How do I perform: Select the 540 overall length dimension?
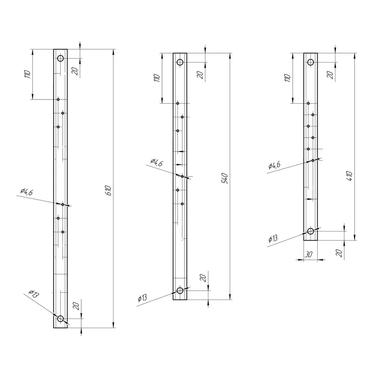coord(225,178)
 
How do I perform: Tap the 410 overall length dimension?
coord(349,176)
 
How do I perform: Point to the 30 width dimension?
coord(309,254)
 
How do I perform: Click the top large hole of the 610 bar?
coord(60,58)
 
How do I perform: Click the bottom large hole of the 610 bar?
coord(60,319)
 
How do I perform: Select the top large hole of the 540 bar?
coord(180,62)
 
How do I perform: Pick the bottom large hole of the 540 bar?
coord(180,290)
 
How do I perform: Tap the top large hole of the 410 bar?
coord(310,62)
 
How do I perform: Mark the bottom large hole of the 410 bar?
coord(310,231)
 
